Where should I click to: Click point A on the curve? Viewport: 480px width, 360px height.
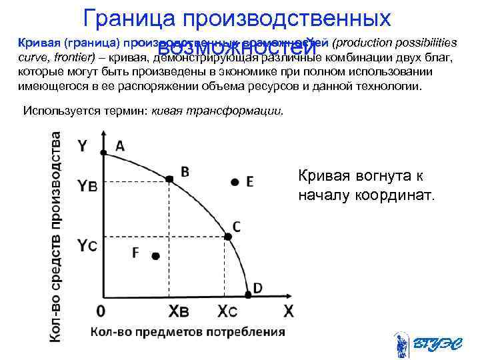pos(103,153)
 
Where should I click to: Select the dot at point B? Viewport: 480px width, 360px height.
pos(169,179)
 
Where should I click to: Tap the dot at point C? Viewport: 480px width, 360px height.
pos(228,236)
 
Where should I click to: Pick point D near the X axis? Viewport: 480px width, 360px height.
pos(249,293)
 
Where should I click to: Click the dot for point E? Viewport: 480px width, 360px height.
pos(234,181)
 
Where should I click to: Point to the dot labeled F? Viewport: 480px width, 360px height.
pos(155,255)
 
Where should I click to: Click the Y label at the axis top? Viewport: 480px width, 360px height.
pos(84,145)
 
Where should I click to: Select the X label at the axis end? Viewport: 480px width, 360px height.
pos(288,311)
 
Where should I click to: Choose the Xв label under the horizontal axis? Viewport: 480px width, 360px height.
pos(179,311)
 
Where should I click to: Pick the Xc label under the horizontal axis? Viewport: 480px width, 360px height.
pos(227,311)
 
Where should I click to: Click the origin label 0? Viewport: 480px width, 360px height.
pos(101,311)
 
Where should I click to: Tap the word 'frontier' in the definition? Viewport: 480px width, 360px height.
pos(73,58)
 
